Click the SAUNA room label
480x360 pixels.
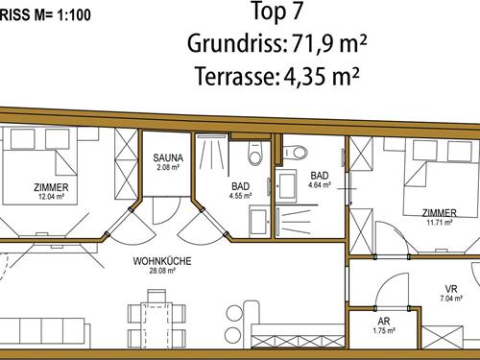(168, 157)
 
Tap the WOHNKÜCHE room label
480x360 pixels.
(162, 261)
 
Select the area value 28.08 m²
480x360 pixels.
(162, 271)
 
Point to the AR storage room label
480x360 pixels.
(384, 321)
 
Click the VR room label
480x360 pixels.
(451, 289)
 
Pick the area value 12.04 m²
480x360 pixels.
(51, 197)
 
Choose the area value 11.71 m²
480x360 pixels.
(440, 222)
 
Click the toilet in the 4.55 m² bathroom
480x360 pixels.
(255, 154)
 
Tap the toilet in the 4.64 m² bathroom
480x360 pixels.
(295, 152)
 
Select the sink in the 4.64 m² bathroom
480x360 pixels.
(286, 186)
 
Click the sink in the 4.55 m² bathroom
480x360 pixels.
(258, 222)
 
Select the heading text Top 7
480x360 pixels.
(277, 12)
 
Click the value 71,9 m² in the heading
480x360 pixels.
(328, 43)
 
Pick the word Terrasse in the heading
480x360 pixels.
(235, 76)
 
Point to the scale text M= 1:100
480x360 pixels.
(62, 15)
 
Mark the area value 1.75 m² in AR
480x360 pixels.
(384, 330)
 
